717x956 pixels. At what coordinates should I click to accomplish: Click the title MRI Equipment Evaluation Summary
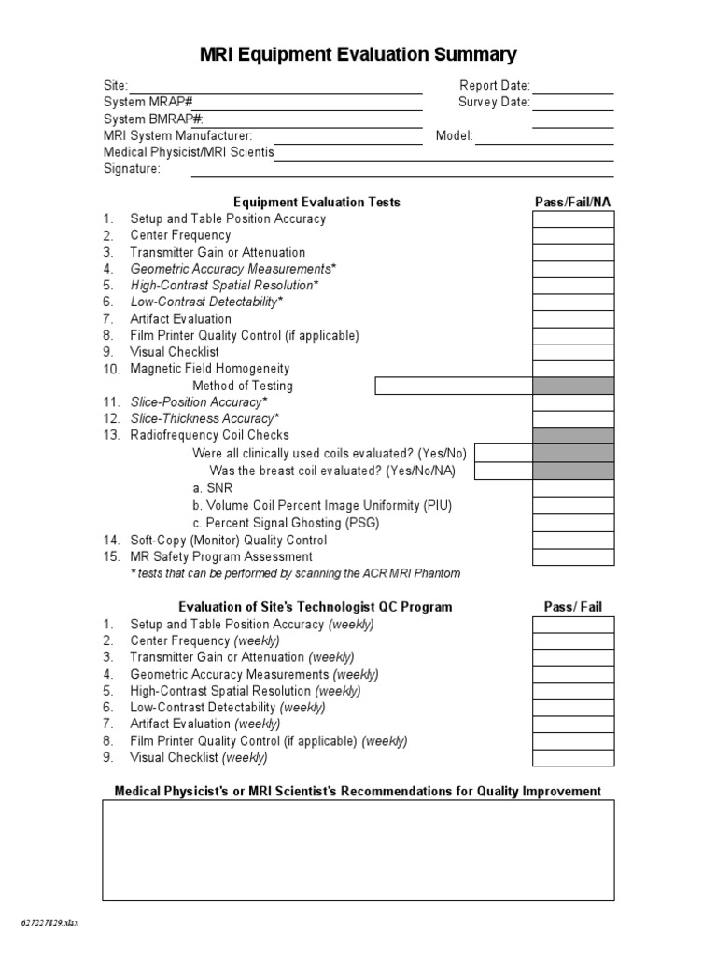pos(358,55)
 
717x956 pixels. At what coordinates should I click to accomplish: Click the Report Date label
pos(495,86)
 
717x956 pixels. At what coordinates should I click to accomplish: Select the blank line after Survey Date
pos(572,103)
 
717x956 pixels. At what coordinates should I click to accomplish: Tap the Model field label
pos(454,136)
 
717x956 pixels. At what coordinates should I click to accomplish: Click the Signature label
pos(132,169)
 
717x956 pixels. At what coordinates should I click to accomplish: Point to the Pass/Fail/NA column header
pos(572,202)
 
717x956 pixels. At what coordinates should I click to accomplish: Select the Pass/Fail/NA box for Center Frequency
pos(572,236)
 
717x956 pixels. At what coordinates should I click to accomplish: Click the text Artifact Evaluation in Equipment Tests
pos(180,319)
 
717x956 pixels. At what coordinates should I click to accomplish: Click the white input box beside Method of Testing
pos(453,387)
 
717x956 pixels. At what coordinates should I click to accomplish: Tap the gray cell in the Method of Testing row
pos(572,387)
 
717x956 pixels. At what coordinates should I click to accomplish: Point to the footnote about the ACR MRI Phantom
pos(295,573)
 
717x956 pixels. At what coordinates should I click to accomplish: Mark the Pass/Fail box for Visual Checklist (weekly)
pos(572,758)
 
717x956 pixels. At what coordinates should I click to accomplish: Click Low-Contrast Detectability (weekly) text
pos(228,708)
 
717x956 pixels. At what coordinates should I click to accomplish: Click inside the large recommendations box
pos(358,850)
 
